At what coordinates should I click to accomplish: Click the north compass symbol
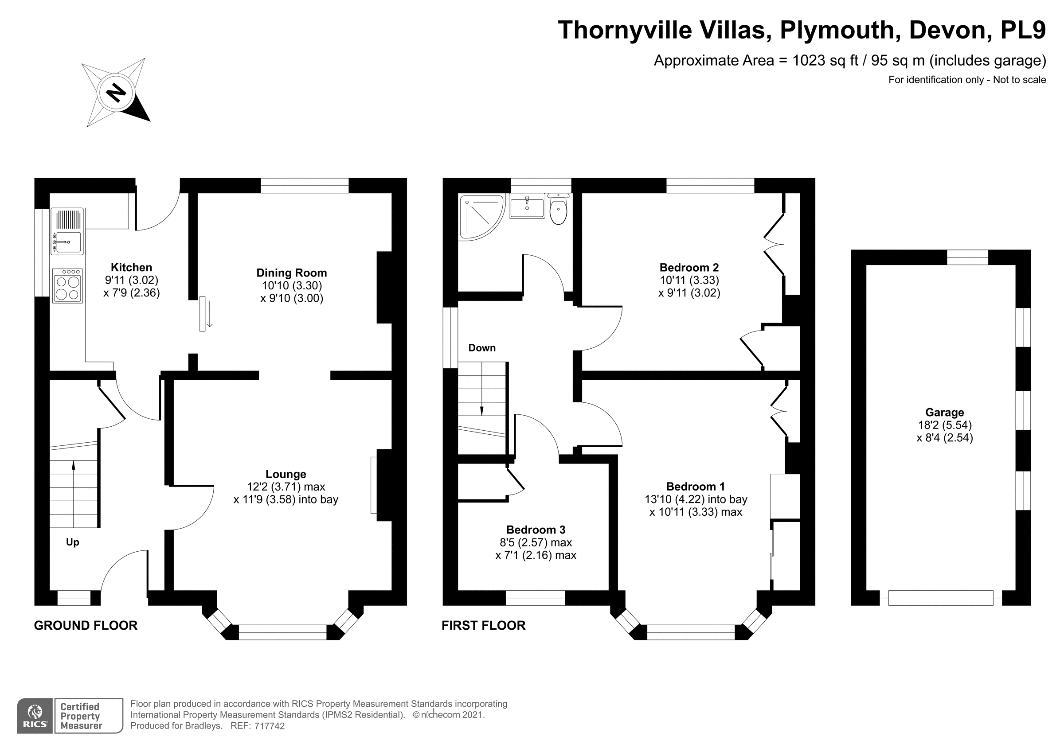coord(116,92)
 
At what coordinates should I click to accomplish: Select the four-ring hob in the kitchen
coord(68,287)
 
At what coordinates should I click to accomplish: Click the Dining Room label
coord(291,273)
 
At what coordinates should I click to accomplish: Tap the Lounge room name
coord(286,474)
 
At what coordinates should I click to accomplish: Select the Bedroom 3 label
coord(536,530)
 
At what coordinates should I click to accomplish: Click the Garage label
coord(944,413)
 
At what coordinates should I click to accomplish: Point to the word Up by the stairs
coord(72,542)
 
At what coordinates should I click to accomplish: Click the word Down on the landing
coord(482,348)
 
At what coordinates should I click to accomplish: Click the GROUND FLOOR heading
coord(86,626)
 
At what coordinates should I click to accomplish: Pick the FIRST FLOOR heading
coord(483,626)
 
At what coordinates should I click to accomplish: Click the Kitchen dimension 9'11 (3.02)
coord(132,280)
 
